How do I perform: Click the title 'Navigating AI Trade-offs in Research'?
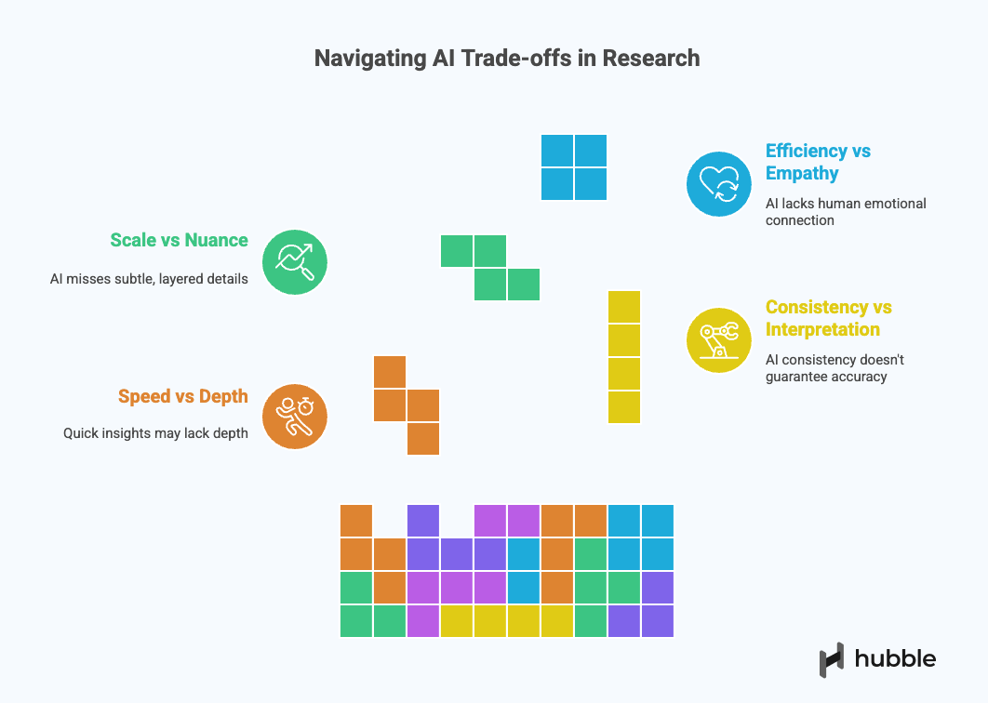[x=507, y=58]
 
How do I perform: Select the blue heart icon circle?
[x=718, y=183]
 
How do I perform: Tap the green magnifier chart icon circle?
[x=294, y=262]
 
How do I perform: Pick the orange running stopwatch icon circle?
[x=294, y=417]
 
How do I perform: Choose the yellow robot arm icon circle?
[x=718, y=339]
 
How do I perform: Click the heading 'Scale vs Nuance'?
[x=179, y=240]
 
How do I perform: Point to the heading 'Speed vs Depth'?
[x=182, y=396]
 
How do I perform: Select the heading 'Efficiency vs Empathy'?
[x=818, y=162]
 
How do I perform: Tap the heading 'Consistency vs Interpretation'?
[x=828, y=318]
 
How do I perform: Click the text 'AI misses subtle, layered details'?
[x=149, y=278]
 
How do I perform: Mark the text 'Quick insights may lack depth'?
[x=155, y=432]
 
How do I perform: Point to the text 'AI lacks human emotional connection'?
[x=846, y=212]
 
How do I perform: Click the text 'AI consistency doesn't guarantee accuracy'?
[x=834, y=368]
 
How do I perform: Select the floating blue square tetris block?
[x=574, y=167]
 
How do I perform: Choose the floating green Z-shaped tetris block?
[x=490, y=268]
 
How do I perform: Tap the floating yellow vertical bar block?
[x=624, y=357]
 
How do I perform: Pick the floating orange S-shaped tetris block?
[x=407, y=405]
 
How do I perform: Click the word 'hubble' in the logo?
[x=896, y=658]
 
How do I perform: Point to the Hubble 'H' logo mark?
[x=831, y=659]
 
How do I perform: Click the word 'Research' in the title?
[x=650, y=58]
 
